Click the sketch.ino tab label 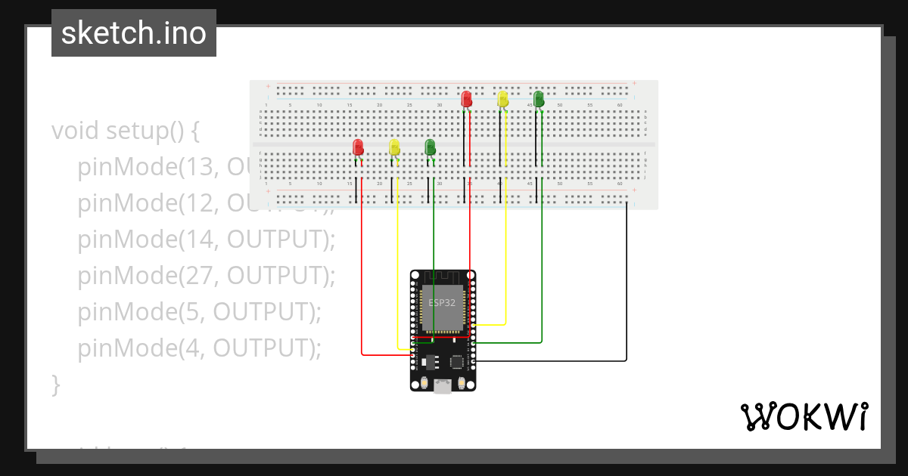[134, 33]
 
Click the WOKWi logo [804, 417]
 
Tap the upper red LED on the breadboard [466, 98]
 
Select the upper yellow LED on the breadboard [502, 98]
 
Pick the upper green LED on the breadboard [539, 98]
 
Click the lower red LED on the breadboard [359, 147]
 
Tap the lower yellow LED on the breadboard [394, 147]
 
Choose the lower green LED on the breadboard [430, 147]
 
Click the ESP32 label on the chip [441, 302]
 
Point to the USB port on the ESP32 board [443, 387]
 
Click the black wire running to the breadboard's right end [627, 287]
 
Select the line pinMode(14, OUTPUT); [206, 239]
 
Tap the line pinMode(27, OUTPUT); [206, 275]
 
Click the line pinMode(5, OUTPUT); [199, 311]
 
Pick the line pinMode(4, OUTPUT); [199, 348]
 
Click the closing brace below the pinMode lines [55, 384]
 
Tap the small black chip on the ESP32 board [457, 362]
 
